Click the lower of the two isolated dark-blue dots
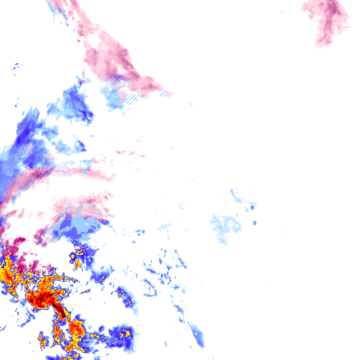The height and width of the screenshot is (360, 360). [255, 223]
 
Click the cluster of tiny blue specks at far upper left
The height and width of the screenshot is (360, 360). [16, 68]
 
